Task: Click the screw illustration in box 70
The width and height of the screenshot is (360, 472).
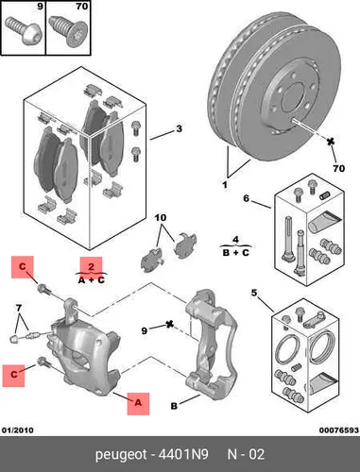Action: [67, 30]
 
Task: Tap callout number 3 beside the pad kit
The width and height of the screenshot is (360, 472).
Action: [179, 128]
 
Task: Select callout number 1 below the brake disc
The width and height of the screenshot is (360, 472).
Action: [225, 185]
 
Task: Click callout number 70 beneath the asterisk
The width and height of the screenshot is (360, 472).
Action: [339, 169]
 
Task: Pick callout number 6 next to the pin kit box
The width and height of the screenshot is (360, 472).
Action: [246, 198]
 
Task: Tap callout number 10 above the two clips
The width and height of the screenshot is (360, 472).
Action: [161, 217]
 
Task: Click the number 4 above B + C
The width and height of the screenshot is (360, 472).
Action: [235, 240]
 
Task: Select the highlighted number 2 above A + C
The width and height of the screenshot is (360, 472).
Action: [91, 267]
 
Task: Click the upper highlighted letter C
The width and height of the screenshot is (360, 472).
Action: [23, 267]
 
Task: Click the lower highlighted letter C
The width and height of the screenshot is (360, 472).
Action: [13, 376]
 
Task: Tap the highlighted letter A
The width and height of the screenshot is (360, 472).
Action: [138, 403]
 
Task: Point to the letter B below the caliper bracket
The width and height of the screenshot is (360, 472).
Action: [174, 406]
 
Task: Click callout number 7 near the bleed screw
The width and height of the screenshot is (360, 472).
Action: [19, 307]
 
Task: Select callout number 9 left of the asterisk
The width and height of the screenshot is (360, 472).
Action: [144, 331]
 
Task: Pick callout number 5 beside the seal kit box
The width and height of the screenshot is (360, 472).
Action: [254, 293]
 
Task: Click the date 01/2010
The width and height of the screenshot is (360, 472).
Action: [18, 430]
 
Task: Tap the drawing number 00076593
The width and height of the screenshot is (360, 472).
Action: [339, 430]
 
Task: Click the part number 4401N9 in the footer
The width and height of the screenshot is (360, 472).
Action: [183, 455]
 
